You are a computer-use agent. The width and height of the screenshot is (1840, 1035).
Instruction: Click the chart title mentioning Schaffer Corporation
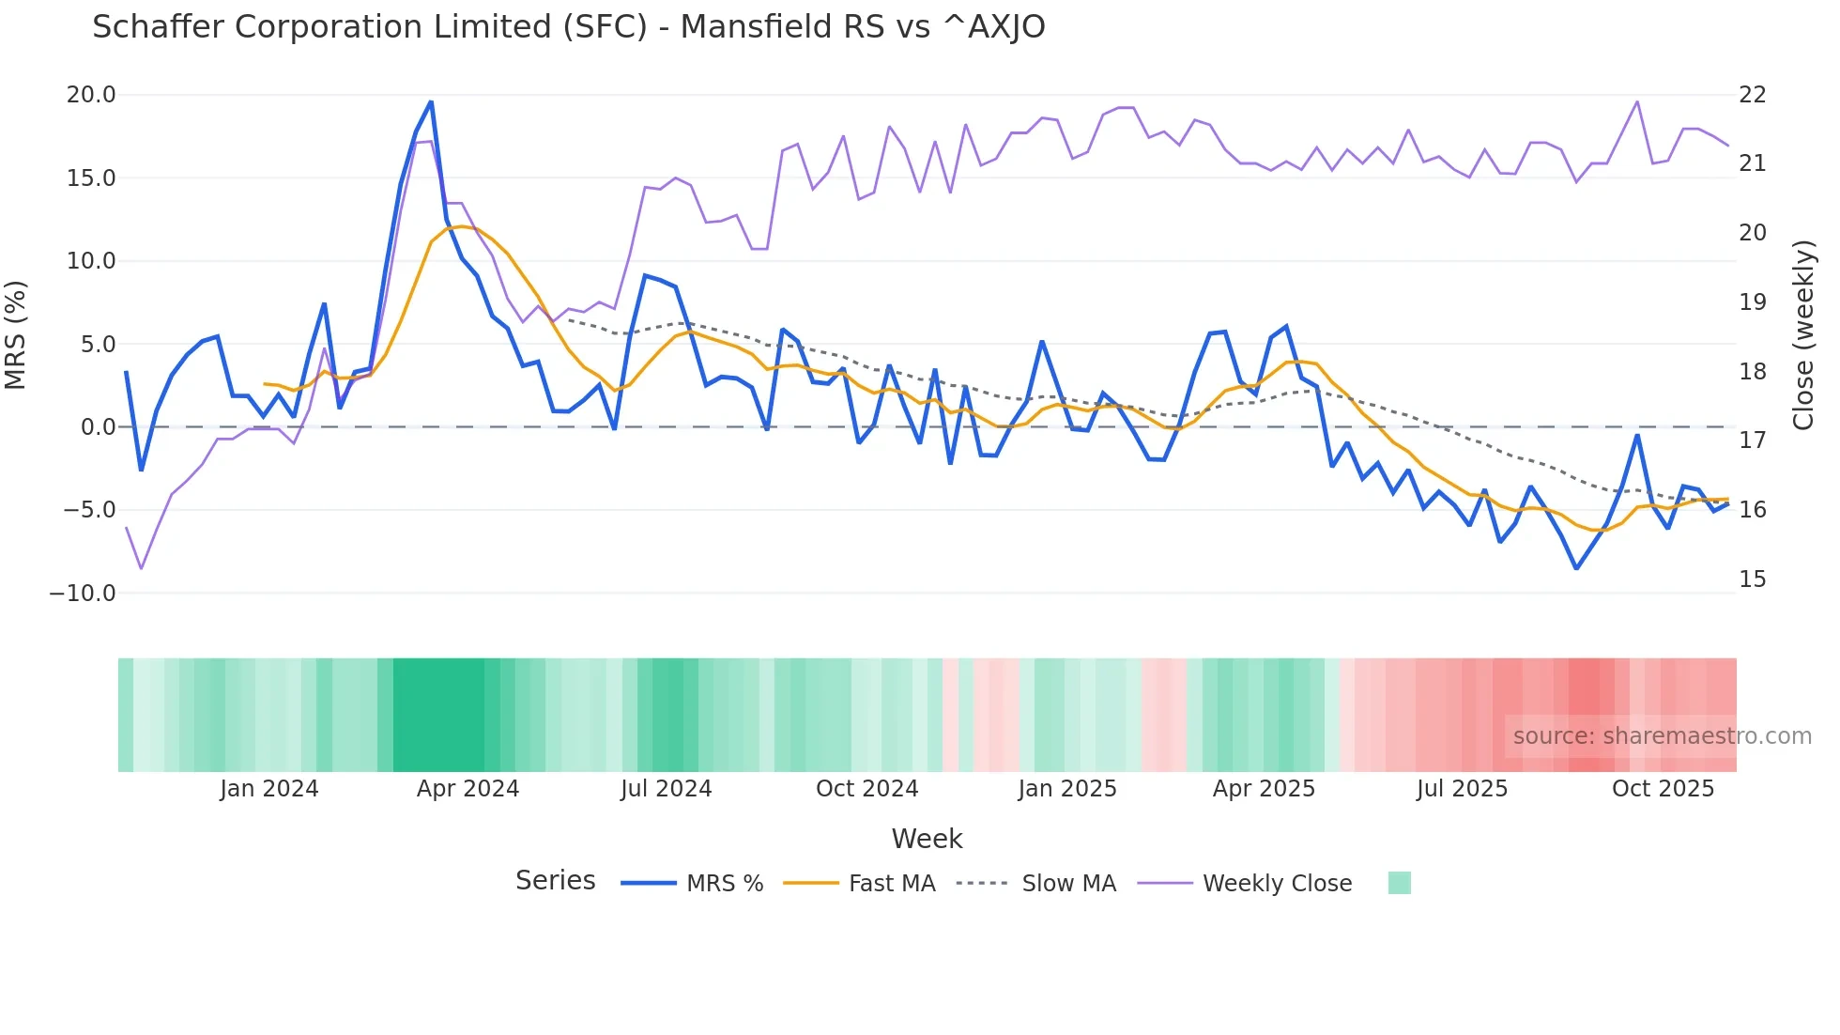[568, 27]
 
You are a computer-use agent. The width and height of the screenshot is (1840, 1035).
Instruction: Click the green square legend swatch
[1399, 883]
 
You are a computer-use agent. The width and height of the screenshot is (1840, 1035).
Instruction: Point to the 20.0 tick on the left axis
[91, 95]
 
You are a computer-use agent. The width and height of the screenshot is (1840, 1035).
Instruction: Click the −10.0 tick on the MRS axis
[83, 594]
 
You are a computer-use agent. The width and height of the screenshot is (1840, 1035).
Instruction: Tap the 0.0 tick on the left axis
[98, 427]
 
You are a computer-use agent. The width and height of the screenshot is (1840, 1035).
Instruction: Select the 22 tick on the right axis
[1752, 95]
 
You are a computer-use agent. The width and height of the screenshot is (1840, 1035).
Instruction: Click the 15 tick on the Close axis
[1752, 579]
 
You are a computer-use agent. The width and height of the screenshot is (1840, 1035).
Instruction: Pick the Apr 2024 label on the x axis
[468, 789]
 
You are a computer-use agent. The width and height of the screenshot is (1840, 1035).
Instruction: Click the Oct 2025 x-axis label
[1663, 789]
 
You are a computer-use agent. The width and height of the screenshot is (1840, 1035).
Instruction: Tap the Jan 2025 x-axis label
[1067, 789]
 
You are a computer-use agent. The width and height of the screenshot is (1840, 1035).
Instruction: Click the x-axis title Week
[927, 839]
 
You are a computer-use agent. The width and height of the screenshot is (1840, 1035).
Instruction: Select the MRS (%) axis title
[16, 335]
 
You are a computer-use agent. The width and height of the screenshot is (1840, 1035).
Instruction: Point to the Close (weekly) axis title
[1803, 335]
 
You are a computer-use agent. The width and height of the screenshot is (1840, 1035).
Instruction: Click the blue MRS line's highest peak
[431, 101]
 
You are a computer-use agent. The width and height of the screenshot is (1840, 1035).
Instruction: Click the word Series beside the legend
[555, 881]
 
